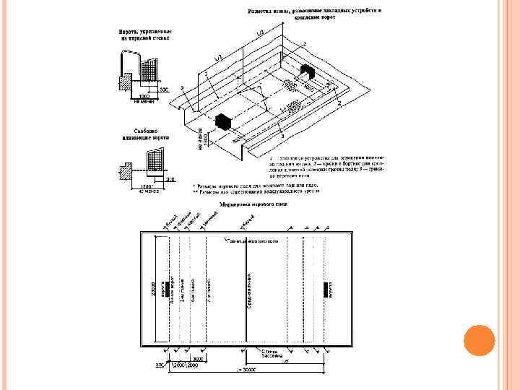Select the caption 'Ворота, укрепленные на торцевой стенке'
[x=144, y=35]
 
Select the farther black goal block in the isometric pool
[x=305, y=71]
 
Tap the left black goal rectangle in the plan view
[x=165, y=288]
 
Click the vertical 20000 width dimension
[x=152, y=289]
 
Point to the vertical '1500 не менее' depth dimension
[x=203, y=138]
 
